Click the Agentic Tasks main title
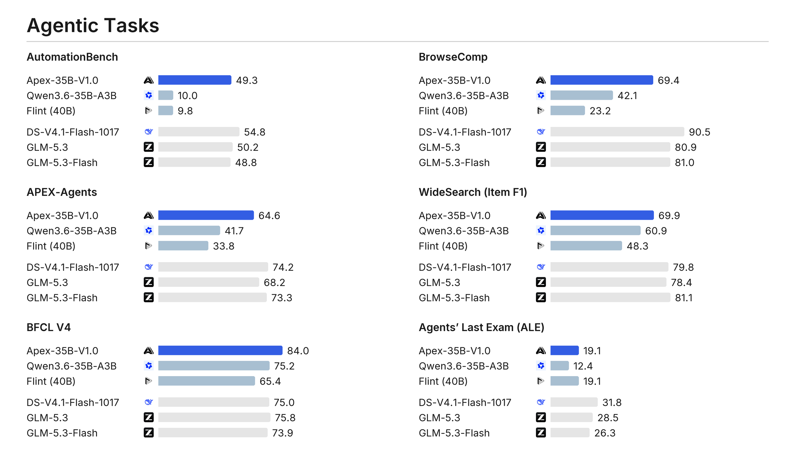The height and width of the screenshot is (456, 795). [93, 25]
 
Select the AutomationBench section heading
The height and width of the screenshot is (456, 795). [72, 57]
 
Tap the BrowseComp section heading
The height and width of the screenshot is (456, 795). [453, 57]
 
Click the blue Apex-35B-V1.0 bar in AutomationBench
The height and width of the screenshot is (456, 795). [195, 80]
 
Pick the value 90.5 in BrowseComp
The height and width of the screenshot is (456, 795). [699, 132]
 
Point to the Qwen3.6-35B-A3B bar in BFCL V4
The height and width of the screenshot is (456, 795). [214, 366]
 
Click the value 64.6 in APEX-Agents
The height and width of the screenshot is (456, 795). [269, 215]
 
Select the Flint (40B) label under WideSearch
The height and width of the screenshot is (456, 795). [443, 246]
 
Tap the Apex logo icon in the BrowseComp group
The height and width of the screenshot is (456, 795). [541, 80]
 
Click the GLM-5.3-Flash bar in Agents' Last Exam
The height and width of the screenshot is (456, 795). [570, 432]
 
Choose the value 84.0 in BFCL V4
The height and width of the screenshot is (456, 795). [298, 351]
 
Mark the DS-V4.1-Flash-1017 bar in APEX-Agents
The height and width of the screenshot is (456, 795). [213, 267]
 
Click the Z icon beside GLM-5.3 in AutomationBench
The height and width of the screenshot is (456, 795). [149, 147]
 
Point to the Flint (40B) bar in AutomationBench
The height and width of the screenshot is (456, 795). [166, 110]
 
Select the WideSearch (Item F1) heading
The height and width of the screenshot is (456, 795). [473, 192]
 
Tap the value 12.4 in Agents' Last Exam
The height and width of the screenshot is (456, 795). [583, 366]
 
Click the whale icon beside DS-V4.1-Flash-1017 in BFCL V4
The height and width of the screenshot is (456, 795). [149, 402]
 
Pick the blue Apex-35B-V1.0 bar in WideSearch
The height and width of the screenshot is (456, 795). [602, 215]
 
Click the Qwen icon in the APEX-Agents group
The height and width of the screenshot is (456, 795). [149, 230]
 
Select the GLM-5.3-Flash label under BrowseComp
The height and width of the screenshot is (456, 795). [454, 162]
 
